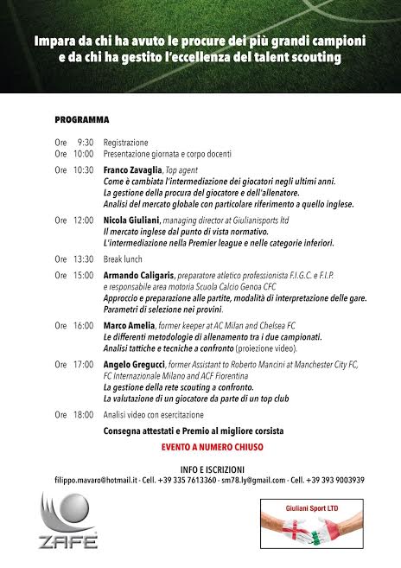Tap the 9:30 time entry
tap(85, 142)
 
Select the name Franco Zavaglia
tap(132, 170)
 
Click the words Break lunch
tap(125, 258)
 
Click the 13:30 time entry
tap(84, 258)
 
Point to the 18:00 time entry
tap(84, 415)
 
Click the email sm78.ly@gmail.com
tap(252, 481)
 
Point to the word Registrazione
tap(125, 142)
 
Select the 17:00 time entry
tap(84, 365)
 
